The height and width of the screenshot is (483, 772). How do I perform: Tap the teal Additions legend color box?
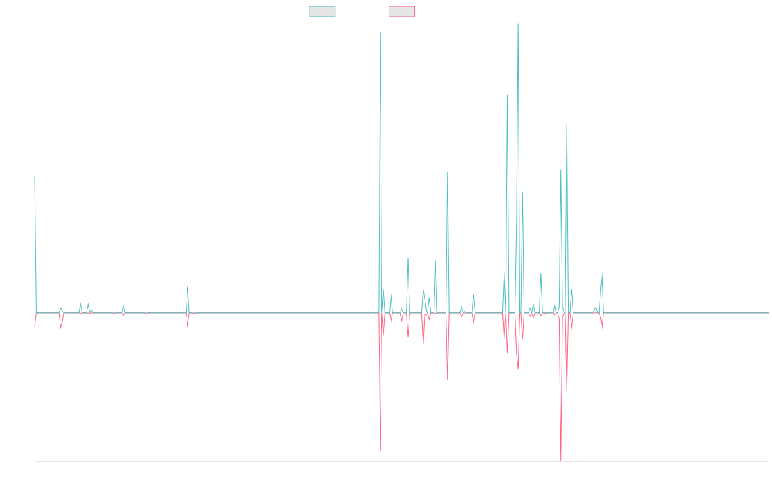coord(322,12)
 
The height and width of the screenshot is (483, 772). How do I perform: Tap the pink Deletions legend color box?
coord(401,12)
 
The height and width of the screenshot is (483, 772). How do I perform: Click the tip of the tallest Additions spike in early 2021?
coord(380,32)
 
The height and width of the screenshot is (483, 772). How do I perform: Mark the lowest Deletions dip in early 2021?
coord(380,450)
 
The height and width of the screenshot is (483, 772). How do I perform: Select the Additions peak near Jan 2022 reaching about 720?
coord(448,173)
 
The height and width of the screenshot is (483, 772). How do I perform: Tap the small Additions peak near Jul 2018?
coord(188,287)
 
